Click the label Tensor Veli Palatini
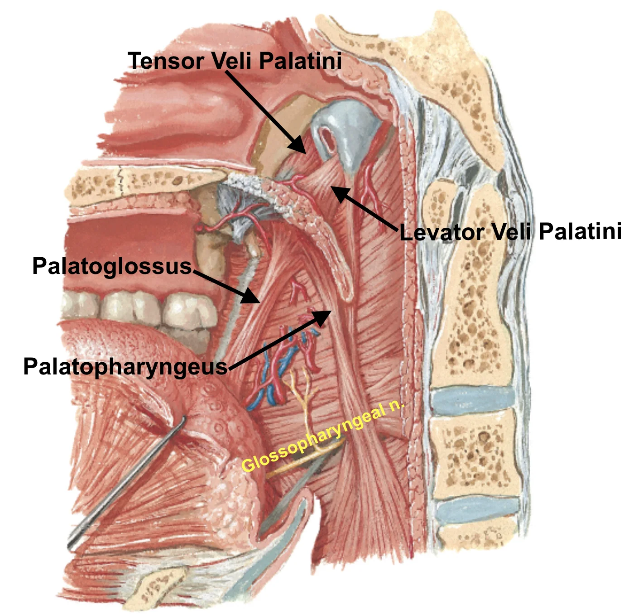click(x=235, y=61)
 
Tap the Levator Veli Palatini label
click(x=511, y=232)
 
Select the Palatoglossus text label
click(x=112, y=266)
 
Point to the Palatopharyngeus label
click(x=125, y=367)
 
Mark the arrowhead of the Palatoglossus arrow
click(x=252, y=295)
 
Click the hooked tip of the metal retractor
click(x=183, y=419)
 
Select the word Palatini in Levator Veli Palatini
click(x=581, y=231)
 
